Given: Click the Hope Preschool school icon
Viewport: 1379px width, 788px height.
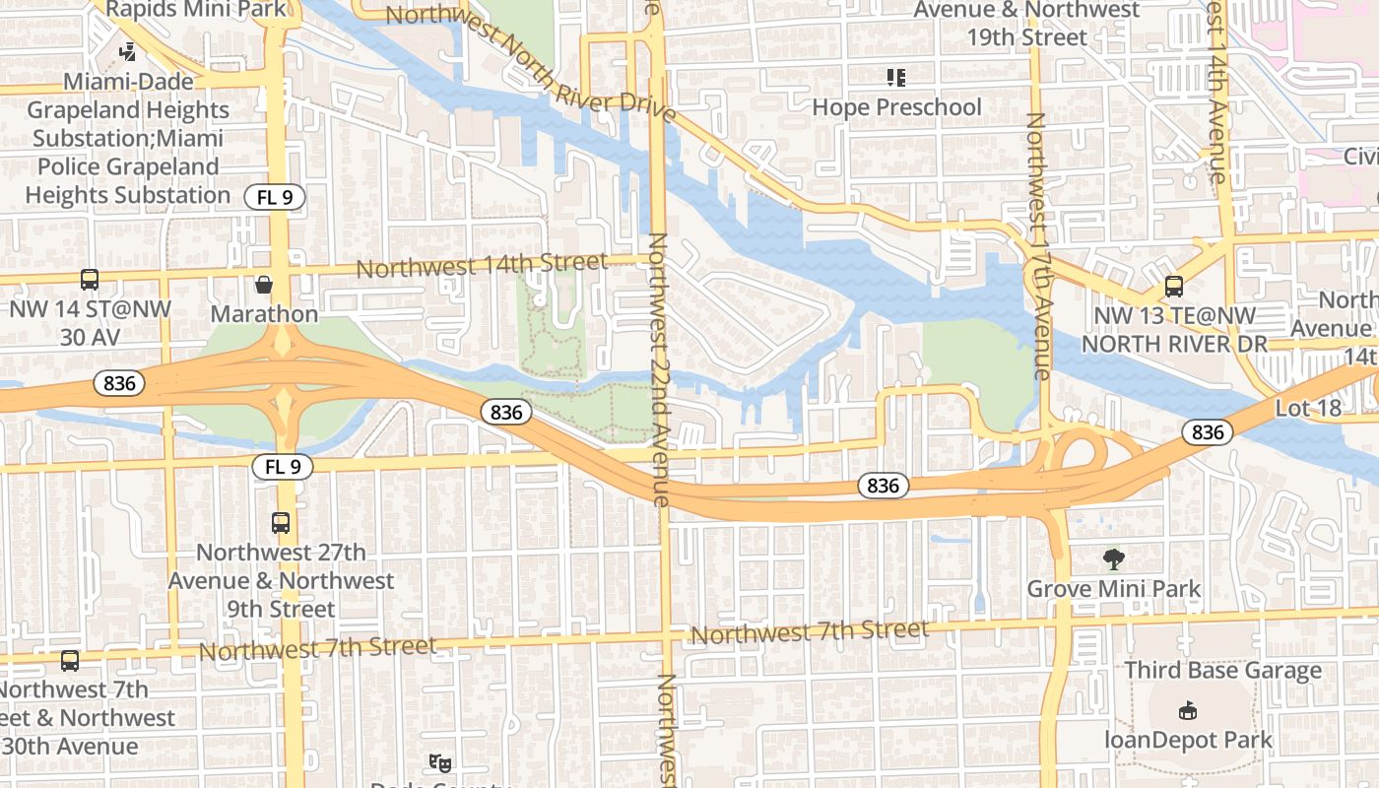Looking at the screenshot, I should coord(895,77).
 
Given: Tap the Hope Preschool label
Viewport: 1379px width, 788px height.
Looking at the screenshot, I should coord(896,106).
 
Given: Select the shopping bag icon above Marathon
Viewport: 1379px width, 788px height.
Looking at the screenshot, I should coord(264,286).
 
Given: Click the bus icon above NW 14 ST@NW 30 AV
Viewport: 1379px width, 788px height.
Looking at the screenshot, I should coord(90,280).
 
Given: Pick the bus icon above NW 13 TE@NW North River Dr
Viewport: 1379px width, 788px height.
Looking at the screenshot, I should coord(1173,287).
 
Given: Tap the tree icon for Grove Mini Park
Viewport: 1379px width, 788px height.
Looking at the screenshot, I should coord(1114,559).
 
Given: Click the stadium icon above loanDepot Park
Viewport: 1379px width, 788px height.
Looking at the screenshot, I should coord(1187,710).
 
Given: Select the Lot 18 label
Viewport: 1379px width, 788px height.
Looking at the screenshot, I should coord(1308,408).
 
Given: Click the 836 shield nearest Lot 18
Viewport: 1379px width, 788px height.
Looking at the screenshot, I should coord(1207,431).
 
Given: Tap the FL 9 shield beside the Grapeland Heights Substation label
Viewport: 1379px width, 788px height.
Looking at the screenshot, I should coord(275,197).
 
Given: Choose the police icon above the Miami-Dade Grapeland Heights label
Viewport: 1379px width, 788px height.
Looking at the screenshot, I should coord(128,51).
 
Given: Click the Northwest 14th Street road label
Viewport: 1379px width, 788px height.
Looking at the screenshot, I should coord(481,266).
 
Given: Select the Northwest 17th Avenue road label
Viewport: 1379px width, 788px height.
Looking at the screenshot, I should coord(1037,246).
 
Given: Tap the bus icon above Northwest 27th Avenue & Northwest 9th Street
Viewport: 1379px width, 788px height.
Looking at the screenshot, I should coord(281,523).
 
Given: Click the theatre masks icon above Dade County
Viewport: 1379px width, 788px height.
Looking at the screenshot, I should coord(440,761).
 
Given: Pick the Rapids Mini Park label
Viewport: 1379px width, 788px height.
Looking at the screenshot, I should coord(197,10).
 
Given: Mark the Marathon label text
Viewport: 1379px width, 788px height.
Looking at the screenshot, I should coord(264,314).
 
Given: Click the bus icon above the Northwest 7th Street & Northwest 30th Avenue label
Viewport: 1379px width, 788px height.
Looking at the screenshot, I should coord(69,661).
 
